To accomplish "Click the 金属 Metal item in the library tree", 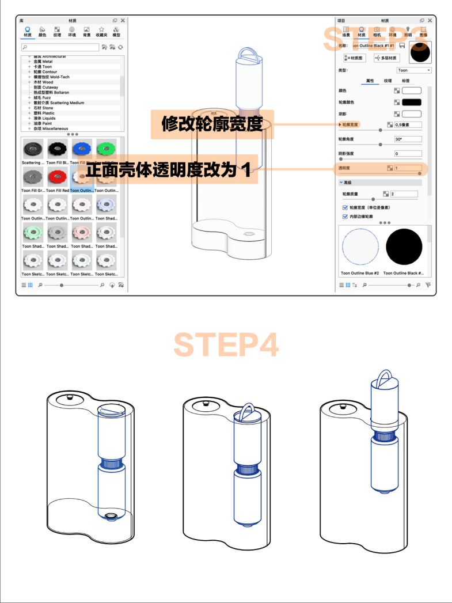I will point(43,62).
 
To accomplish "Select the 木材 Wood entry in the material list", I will point(43,82).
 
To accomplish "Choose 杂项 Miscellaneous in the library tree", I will point(49,128).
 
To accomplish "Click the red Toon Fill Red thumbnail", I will point(58,176).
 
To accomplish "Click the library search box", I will point(60,47).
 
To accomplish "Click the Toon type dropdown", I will point(413,70).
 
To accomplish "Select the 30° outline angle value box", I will point(408,139).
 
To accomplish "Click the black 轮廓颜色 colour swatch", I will point(411,102).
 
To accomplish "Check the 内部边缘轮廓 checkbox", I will point(345,217).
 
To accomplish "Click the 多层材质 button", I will point(386,58).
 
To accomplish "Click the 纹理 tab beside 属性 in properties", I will point(388,81).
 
